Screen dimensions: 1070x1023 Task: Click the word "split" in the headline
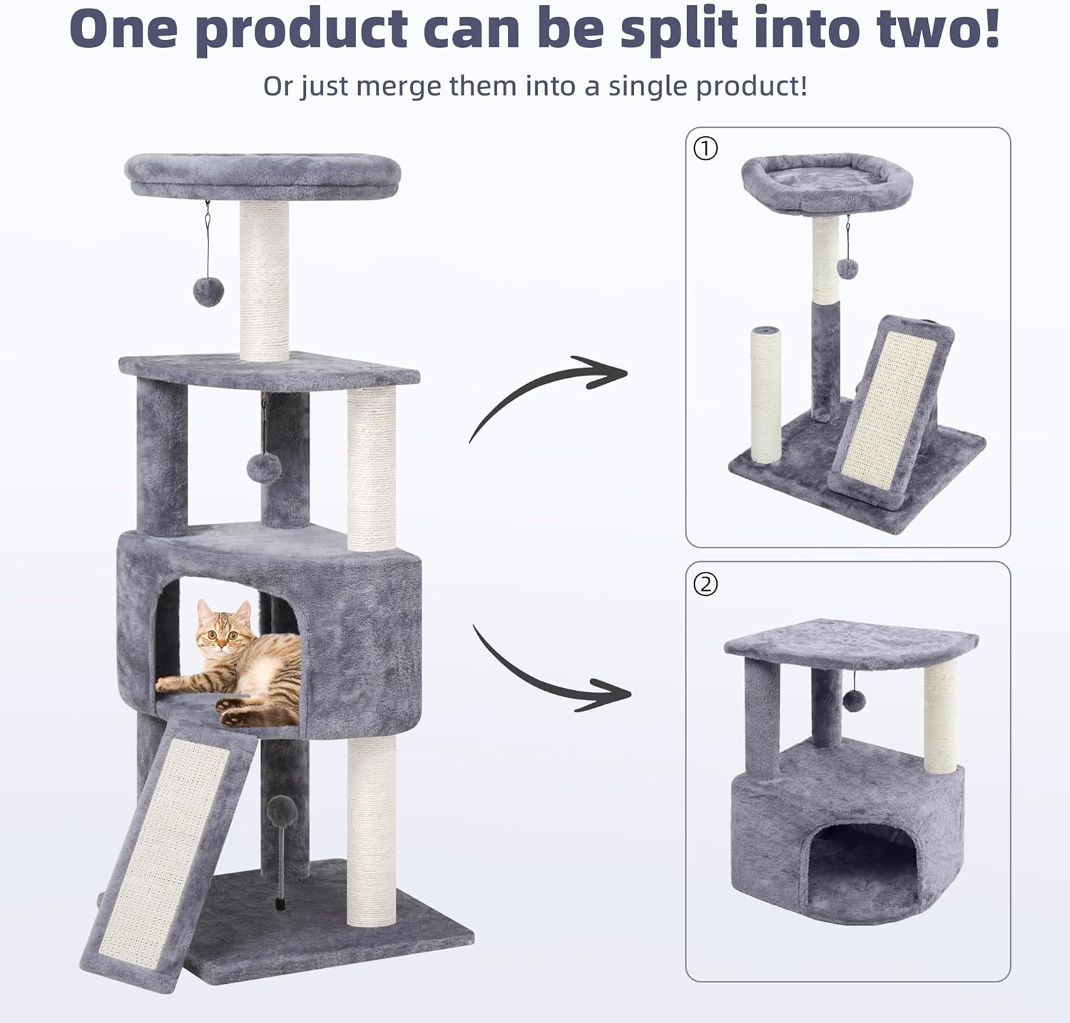point(678,29)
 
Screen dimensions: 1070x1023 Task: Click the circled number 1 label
point(705,148)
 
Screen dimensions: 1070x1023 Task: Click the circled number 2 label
point(705,584)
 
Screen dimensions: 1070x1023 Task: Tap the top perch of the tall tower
point(263,175)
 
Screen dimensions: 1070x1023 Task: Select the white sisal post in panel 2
point(941,716)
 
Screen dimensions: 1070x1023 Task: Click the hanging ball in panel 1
point(847,269)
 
